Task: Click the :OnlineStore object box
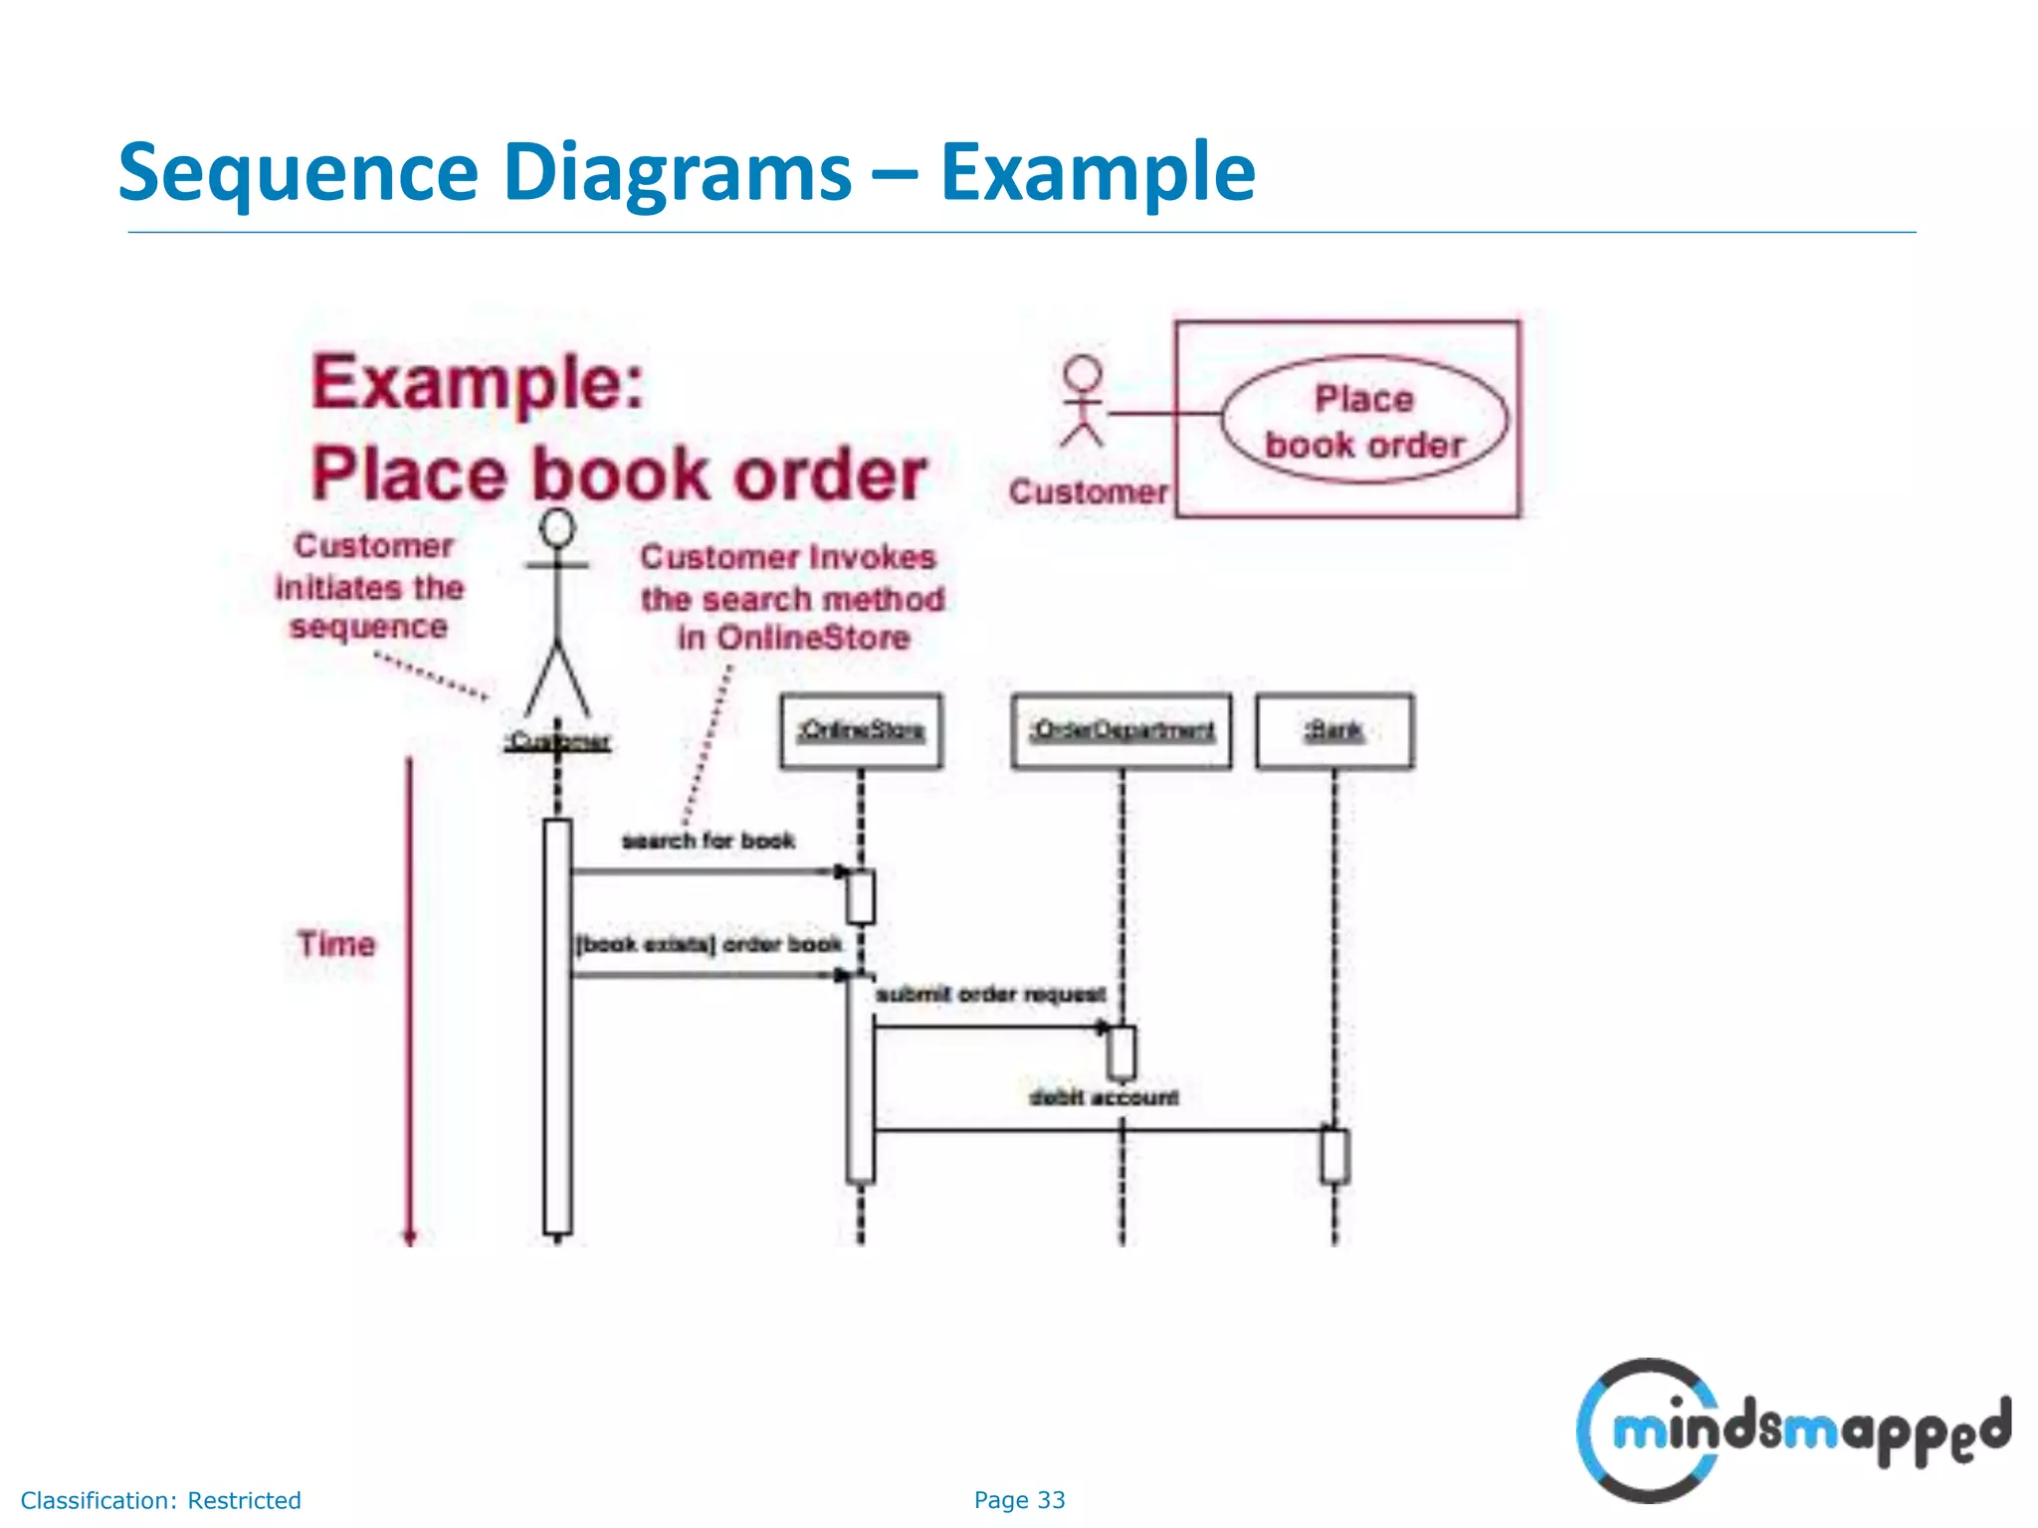pos(861,731)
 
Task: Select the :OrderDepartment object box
pos(1121,731)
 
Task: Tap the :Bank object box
pos(1334,731)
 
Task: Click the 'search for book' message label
pos(709,841)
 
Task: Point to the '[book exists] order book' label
pos(710,944)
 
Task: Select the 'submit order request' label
pos(990,994)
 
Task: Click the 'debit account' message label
pos(1104,1097)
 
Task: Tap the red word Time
pos(336,943)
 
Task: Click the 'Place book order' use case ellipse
pos(1364,421)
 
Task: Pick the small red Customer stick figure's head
pos(1083,374)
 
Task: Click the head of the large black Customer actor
pos(557,527)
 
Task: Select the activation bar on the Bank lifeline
pos(1334,1155)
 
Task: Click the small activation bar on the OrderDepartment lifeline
pos(1121,1052)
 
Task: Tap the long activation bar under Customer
pos(557,1025)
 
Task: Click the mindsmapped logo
pos(1791,1431)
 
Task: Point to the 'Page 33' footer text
pos(1019,1499)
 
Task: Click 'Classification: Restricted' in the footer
pos(160,1500)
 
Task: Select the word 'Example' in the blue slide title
pos(1097,172)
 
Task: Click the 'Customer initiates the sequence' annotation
pos(370,587)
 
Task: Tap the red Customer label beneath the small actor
pos(1088,491)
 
